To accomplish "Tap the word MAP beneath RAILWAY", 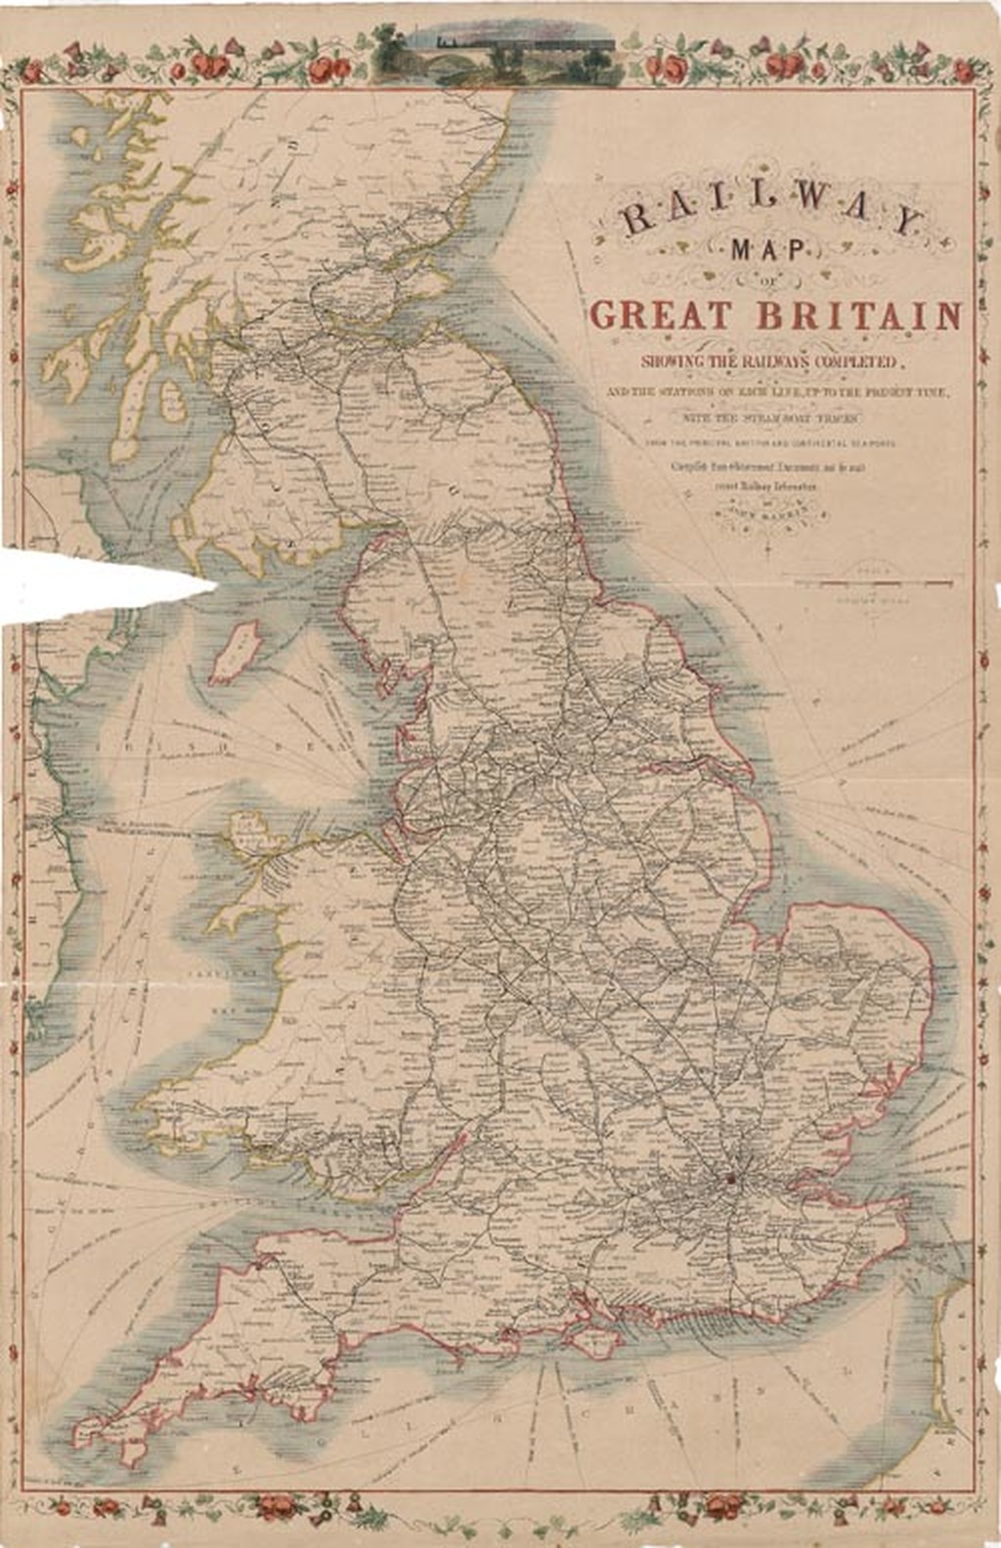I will point(772,251).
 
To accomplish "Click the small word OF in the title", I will point(772,281).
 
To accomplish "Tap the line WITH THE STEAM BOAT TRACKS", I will point(772,417).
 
